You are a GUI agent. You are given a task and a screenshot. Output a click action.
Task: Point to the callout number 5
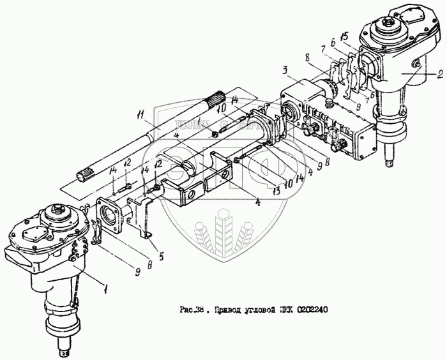point(161,257)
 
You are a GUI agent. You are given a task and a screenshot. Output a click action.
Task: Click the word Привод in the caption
point(225,311)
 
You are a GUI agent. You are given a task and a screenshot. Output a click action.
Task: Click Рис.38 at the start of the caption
point(194,311)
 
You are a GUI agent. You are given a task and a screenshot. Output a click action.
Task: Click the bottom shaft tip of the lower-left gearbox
point(65,349)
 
